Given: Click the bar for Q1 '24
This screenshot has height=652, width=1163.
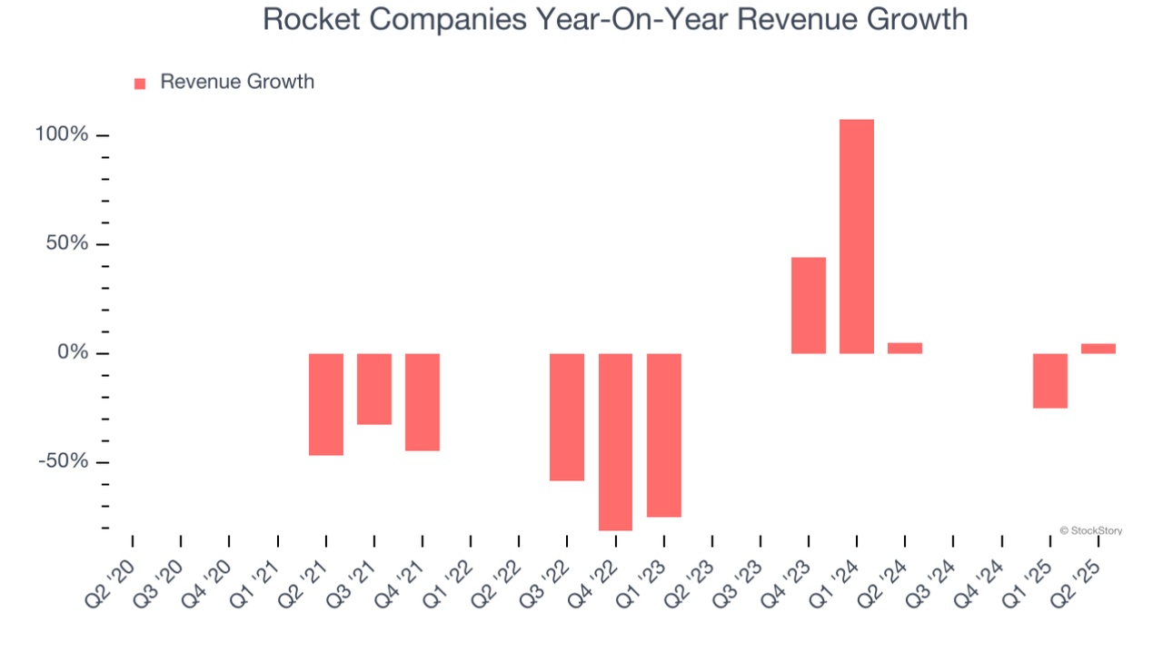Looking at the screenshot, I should (857, 236).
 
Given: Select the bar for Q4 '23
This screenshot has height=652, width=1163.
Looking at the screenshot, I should (809, 305).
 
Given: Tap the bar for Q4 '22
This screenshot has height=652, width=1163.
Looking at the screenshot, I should (615, 441).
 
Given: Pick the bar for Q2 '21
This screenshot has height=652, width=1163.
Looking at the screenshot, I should (326, 404).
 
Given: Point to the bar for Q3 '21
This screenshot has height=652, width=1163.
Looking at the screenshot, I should (374, 389).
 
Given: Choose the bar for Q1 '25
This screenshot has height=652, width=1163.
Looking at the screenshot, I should (1050, 380).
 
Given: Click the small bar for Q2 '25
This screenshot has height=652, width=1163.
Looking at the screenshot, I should (1098, 349).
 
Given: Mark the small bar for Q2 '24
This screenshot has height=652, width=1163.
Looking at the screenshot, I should (905, 348).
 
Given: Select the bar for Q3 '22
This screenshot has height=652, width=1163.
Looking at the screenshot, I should (567, 417).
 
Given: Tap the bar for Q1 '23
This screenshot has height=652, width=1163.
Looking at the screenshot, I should (664, 435).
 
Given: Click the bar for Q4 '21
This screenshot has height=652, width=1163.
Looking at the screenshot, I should (422, 401).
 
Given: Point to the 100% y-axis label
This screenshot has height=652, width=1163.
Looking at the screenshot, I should (62, 135).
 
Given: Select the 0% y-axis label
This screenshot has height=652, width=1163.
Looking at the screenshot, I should (72, 352).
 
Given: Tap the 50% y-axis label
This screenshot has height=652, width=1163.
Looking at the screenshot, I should (67, 244).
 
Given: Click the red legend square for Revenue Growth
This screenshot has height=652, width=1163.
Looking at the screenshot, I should (140, 84).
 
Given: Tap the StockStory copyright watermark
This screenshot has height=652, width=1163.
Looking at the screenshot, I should (1090, 530).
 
